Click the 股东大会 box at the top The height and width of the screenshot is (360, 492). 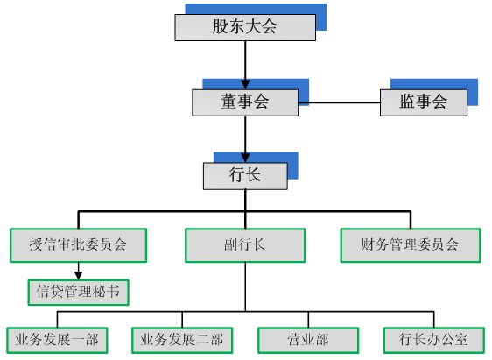coord(244,27)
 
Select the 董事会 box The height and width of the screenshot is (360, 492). coord(244,102)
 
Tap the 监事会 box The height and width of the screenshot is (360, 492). coord(423,102)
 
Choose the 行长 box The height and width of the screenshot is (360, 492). coord(244,175)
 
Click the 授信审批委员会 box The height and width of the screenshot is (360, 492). coord(77,245)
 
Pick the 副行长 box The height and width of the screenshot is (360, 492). coord(244,245)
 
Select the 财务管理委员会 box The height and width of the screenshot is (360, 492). coord(410,245)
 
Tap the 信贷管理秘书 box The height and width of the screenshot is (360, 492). coord(77,292)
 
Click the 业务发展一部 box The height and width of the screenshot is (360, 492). coord(57,340)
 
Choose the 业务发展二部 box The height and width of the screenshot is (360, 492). coord(182,340)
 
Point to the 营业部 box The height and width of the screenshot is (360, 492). coord(308,340)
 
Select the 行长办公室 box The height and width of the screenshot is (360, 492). coord(433,340)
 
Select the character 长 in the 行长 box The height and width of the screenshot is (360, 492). coord(253,175)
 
